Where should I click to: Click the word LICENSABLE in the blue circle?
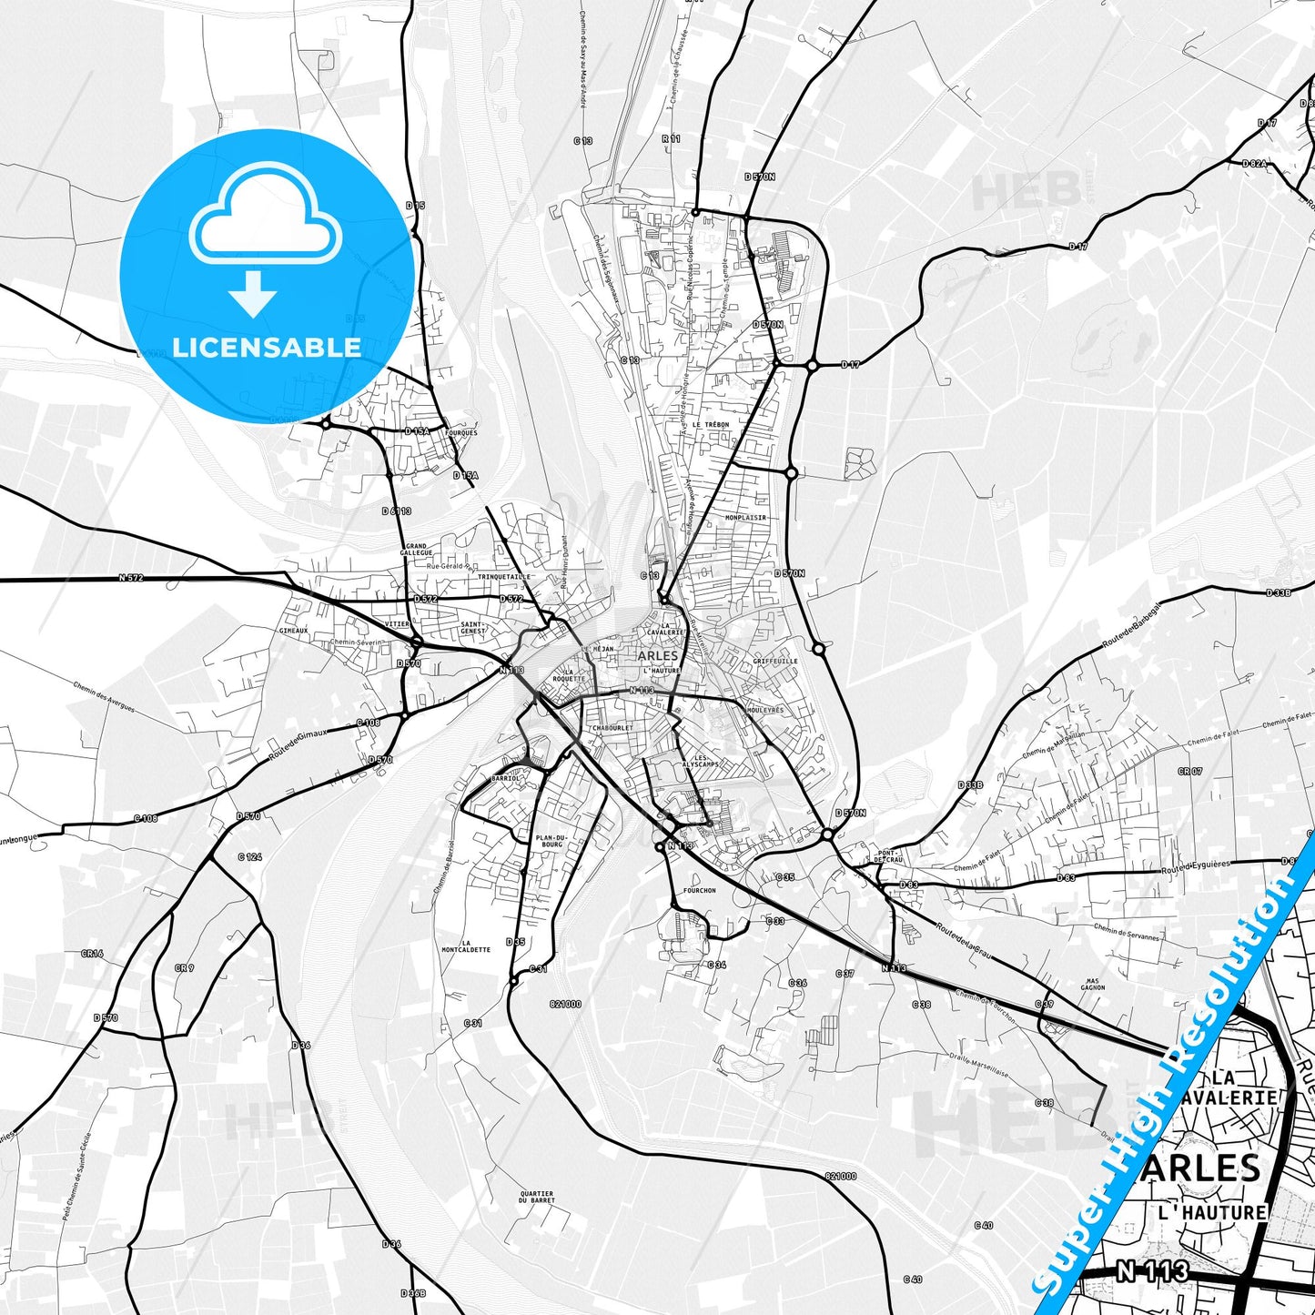pyautogui.click(x=267, y=348)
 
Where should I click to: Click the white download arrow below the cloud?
pyautogui.click(x=253, y=295)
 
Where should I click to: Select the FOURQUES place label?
pyautogui.click(x=460, y=433)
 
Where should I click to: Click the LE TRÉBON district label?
pyautogui.click(x=710, y=425)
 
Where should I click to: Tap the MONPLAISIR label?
pyautogui.click(x=745, y=517)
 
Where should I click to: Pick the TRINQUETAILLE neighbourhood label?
pyautogui.click(x=503, y=577)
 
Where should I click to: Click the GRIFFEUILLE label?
pyautogui.click(x=775, y=662)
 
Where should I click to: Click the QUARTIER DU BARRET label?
pyautogui.click(x=537, y=1197)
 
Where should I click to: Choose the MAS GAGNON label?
pyautogui.click(x=1092, y=984)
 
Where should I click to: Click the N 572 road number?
pyautogui.click(x=131, y=578)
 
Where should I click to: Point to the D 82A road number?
pyautogui.click(x=1254, y=164)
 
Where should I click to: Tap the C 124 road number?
pyautogui.click(x=249, y=857)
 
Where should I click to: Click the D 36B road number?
pyautogui.click(x=412, y=1293)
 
